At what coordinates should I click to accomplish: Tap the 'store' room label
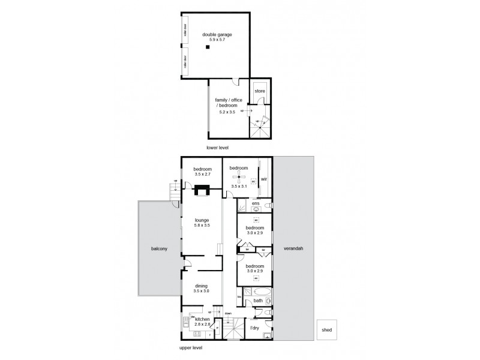[260, 91]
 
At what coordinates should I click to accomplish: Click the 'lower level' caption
[217, 147]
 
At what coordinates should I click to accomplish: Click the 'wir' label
[264, 179]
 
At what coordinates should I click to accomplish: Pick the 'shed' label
[327, 329]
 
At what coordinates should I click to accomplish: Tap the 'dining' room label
[200, 286]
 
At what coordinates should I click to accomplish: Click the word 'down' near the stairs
[229, 313]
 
